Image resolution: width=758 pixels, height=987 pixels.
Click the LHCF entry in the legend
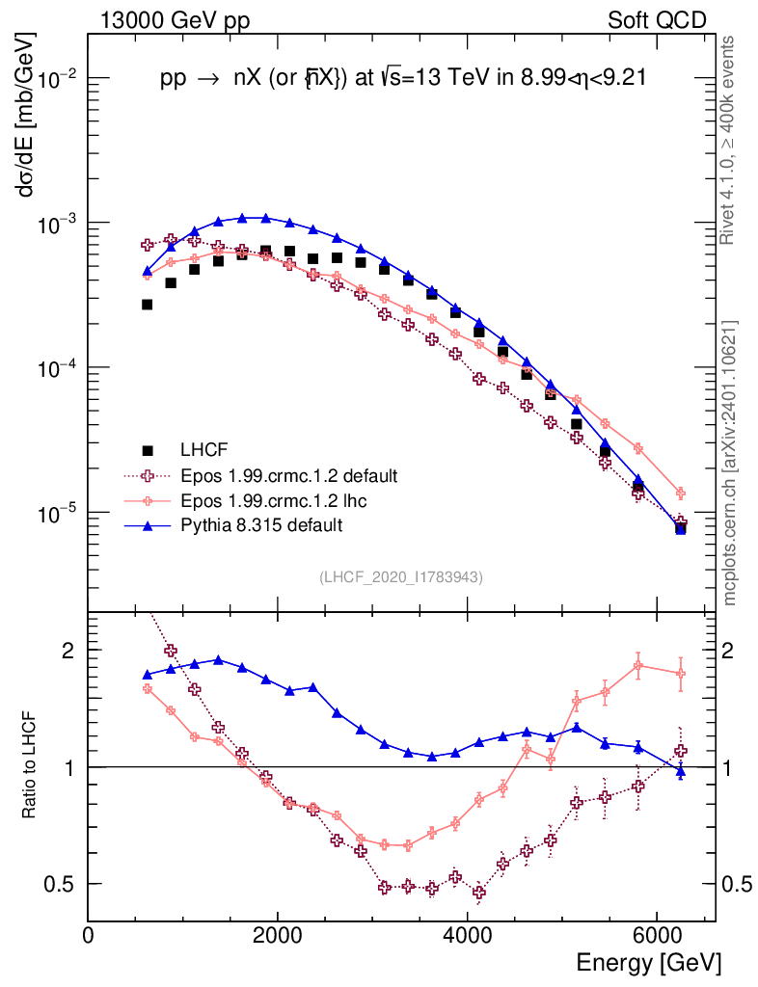203,450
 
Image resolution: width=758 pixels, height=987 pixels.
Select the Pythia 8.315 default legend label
260,525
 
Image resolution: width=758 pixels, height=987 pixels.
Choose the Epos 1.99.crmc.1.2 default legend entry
288,475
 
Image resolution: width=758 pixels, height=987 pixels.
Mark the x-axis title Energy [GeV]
648,963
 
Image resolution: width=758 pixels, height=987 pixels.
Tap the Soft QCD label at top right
657,20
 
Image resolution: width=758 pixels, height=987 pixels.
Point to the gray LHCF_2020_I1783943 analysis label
401,576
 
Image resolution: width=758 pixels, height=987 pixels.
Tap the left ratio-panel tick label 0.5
65,884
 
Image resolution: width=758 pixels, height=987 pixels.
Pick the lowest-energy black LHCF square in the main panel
148,305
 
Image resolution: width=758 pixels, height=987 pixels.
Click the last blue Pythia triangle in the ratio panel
681,771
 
